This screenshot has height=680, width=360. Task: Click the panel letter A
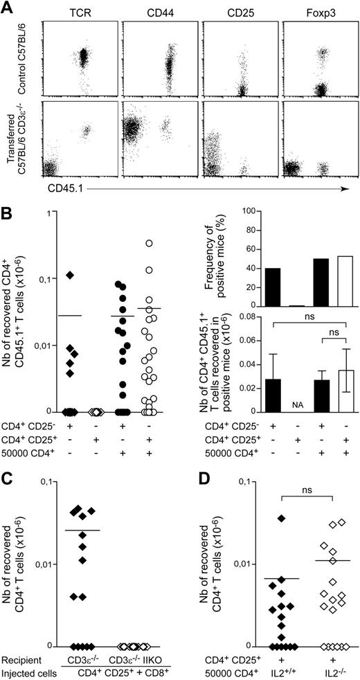click(8, 8)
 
